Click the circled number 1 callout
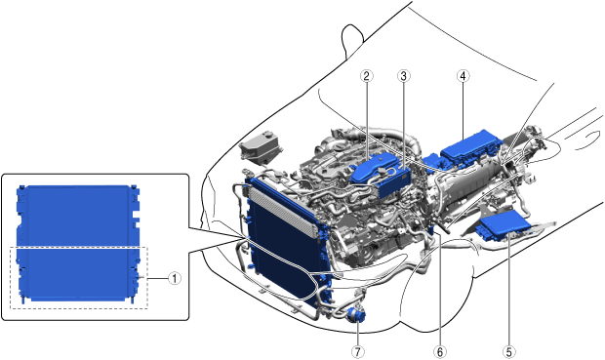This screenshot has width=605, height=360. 175,278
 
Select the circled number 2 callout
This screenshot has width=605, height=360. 367,76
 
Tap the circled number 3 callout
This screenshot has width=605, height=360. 404,76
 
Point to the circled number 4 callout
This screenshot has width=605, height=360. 463,76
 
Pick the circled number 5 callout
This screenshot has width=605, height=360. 509,351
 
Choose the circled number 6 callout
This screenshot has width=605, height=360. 440,351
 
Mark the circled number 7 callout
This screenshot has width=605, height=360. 358,351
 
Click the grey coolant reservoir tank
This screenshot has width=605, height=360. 258,145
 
